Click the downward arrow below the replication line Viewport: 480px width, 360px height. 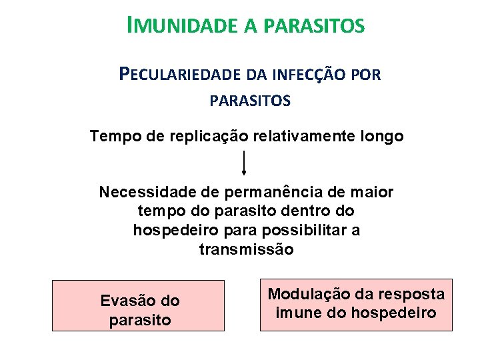(x=244, y=163)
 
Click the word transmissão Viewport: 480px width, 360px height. (x=246, y=249)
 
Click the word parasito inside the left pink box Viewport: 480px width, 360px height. (x=140, y=320)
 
